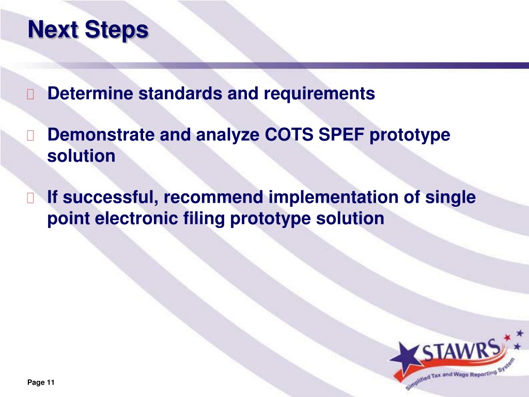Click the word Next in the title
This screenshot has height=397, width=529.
(x=53, y=29)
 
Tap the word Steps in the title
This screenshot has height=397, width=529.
(x=116, y=30)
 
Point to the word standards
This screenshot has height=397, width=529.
(x=180, y=93)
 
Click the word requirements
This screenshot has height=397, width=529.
(x=319, y=94)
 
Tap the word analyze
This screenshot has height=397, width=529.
(x=228, y=135)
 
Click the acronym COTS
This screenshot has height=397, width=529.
(x=289, y=135)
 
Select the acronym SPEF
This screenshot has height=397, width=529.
(x=341, y=135)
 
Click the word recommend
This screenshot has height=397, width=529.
(x=213, y=197)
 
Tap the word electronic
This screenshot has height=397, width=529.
(x=136, y=218)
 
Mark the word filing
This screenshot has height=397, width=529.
(x=204, y=219)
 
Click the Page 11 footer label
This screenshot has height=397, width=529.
(x=41, y=382)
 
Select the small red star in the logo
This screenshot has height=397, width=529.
(x=507, y=338)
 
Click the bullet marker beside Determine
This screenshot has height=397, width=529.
(x=30, y=94)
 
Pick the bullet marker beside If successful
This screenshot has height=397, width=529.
(x=30, y=198)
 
